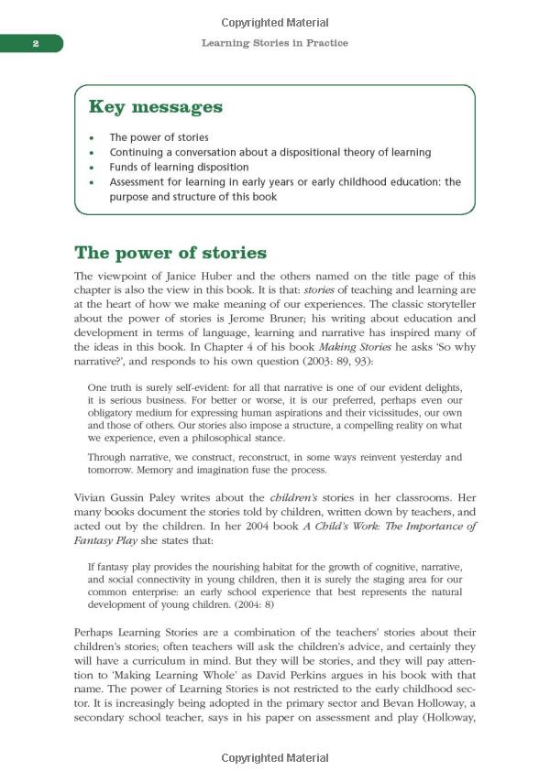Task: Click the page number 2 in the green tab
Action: pyautogui.click(x=34, y=43)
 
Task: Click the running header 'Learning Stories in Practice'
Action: pyautogui.click(x=274, y=43)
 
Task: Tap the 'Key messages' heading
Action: pyautogui.click(x=155, y=107)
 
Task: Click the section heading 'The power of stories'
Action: pyautogui.click(x=170, y=253)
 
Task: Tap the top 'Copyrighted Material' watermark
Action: pyautogui.click(x=274, y=22)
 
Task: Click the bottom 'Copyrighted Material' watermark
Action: pyautogui.click(x=274, y=759)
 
